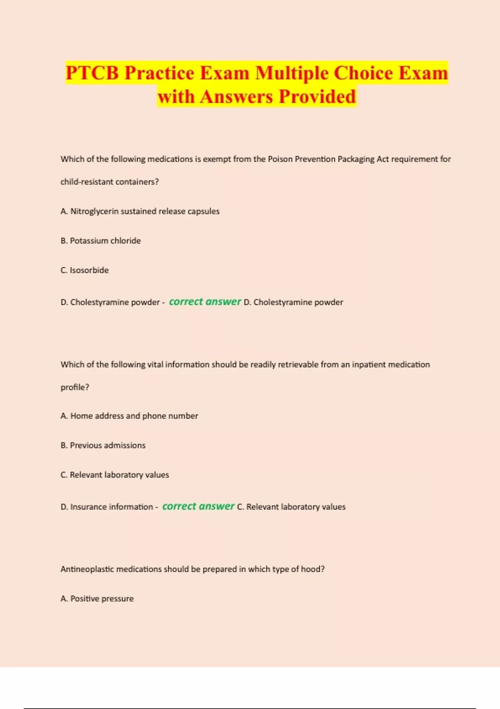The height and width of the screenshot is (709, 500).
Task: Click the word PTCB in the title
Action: (x=92, y=73)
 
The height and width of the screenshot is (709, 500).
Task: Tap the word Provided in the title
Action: (x=317, y=97)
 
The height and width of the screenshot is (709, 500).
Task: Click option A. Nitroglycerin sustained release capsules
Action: (x=140, y=211)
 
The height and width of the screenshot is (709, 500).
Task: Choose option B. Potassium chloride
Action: (x=100, y=241)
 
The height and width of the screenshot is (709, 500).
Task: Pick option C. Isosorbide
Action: (x=85, y=270)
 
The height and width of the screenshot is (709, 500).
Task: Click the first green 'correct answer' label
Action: (x=205, y=302)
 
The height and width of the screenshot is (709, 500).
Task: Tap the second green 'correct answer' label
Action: (x=198, y=506)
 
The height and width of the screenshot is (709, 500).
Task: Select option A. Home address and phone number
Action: (x=129, y=416)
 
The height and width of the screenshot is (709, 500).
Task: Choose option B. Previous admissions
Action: (x=103, y=445)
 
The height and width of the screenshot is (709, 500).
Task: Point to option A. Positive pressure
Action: (x=97, y=598)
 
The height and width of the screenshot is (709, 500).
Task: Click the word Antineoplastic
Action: (x=87, y=569)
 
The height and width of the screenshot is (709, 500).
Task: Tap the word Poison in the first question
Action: (x=280, y=159)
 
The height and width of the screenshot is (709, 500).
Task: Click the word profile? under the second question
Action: (x=75, y=387)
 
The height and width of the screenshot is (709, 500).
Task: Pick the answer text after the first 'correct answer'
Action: (x=293, y=302)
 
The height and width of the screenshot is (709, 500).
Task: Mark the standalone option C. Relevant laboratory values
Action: (x=115, y=475)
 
